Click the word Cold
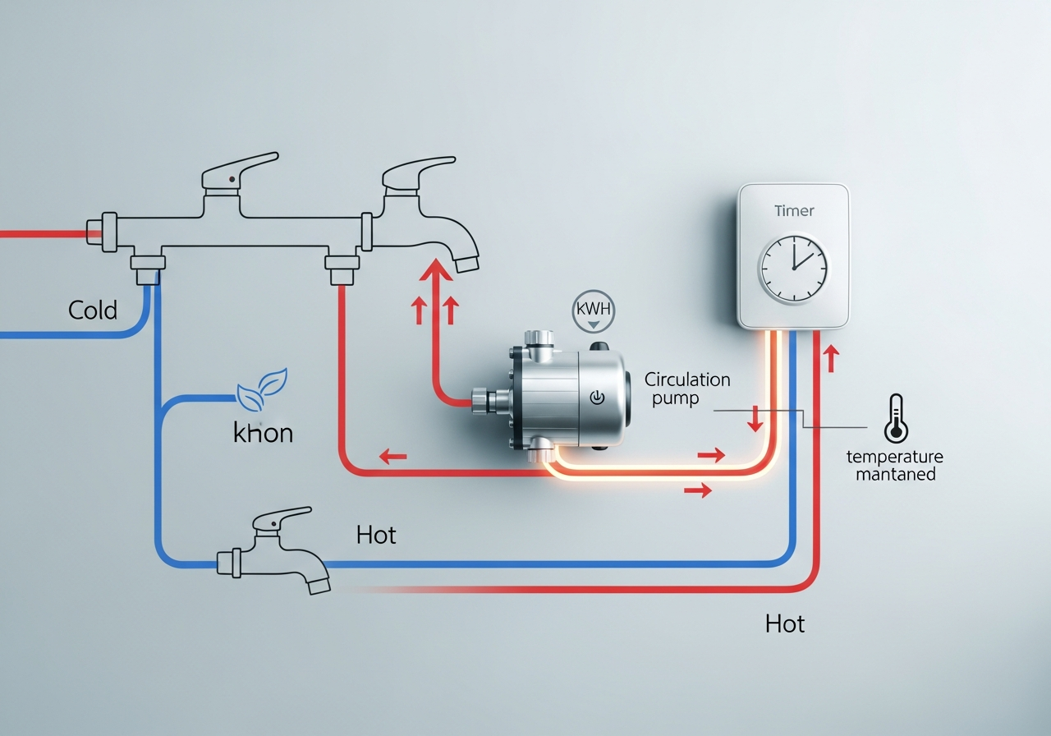(93, 310)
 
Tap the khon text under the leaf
(263, 433)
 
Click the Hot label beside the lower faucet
(376, 536)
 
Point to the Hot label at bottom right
(784, 624)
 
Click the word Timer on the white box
(794, 210)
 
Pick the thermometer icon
(894, 418)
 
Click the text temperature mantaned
(895, 465)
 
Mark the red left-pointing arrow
(392, 455)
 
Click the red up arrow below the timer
(831, 357)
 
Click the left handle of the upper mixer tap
(239, 168)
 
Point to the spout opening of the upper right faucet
(466, 262)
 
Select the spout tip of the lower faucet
(319, 584)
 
